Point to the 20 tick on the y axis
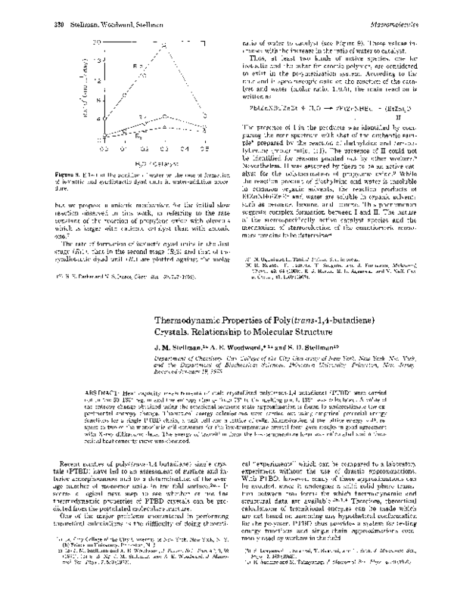pyautogui.click(x=96, y=43)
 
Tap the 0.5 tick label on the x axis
pyautogui.click(x=204, y=150)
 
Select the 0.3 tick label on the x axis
pyautogui.click(x=165, y=150)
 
